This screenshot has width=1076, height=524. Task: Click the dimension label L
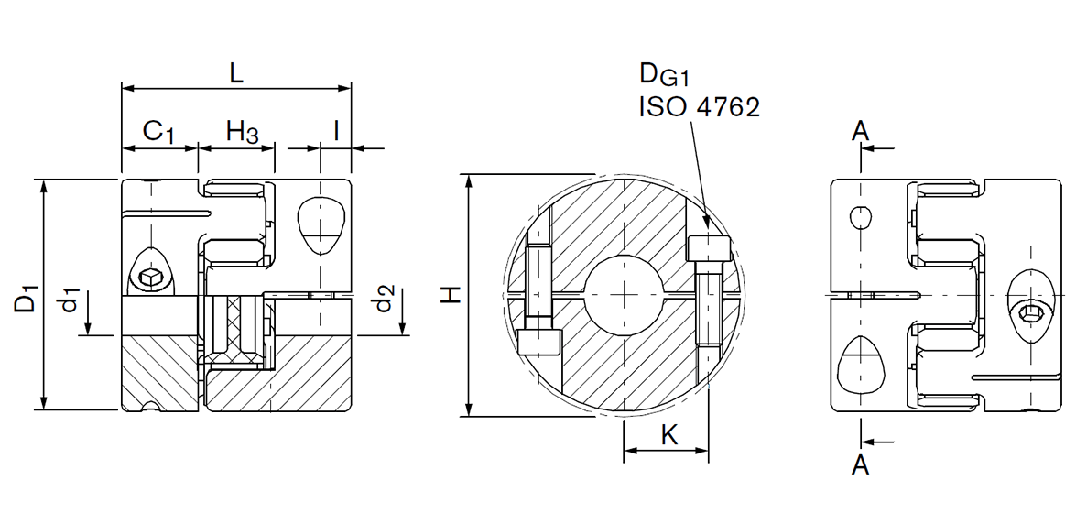pos(236,73)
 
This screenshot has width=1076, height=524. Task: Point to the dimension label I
pos(336,130)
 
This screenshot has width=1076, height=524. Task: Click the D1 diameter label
pos(27,298)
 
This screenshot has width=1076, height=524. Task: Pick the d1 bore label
pos(71,300)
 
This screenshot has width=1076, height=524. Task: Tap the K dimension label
pos(669,435)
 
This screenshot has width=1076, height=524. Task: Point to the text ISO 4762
pos(699,108)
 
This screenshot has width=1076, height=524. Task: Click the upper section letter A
pos(860,132)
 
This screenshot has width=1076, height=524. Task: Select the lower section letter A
pos(860,465)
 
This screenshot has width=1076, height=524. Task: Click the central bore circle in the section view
pos(623,294)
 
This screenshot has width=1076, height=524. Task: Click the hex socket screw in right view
pos(1031,313)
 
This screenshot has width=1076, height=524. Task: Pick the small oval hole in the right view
pos(861,217)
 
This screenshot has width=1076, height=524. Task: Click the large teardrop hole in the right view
pos(861,365)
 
